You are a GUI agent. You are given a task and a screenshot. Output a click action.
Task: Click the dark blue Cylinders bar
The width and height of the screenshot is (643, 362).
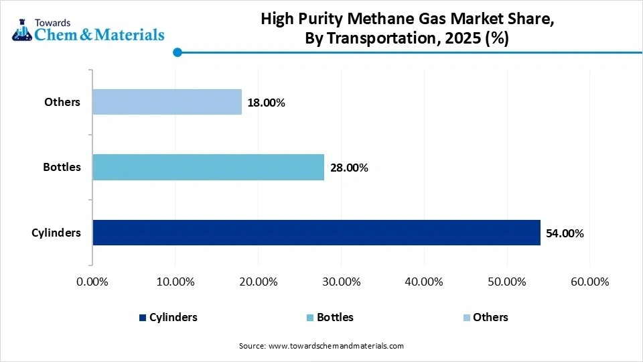[316, 233]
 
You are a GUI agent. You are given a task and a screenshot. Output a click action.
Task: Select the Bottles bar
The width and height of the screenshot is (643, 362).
[208, 167]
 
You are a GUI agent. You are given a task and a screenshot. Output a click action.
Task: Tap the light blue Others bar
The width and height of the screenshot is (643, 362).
[167, 102]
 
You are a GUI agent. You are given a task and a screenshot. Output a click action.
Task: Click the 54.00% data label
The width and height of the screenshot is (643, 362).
[565, 233]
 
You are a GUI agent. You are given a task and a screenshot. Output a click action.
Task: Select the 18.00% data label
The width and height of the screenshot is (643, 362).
[267, 103]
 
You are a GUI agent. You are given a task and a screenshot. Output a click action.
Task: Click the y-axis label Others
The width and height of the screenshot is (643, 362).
[62, 102]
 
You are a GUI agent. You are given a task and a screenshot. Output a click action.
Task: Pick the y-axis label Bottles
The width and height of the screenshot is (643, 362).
[63, 167]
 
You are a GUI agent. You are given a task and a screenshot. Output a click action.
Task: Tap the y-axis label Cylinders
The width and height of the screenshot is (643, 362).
[56, 233]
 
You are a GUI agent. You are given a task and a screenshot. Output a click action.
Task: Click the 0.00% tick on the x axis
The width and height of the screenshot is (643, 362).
[92, 282]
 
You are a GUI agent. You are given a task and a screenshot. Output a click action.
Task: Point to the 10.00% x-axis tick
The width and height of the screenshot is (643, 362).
[175, 282]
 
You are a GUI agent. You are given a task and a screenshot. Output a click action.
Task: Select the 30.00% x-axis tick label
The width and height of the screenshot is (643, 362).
[341, 282]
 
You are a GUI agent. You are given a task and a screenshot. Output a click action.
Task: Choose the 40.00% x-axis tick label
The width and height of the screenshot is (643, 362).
[424, 282]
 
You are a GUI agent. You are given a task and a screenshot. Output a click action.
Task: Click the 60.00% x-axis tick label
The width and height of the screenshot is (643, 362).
[589, 282]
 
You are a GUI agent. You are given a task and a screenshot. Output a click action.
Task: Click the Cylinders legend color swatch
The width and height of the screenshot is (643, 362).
[142, 318]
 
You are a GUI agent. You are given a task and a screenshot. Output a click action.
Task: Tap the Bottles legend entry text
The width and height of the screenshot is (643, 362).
[335, 317]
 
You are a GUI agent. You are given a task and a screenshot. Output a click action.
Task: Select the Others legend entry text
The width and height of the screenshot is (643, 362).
[490, 317]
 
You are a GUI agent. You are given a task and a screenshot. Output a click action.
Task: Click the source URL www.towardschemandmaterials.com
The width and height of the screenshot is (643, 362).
[336, 346]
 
